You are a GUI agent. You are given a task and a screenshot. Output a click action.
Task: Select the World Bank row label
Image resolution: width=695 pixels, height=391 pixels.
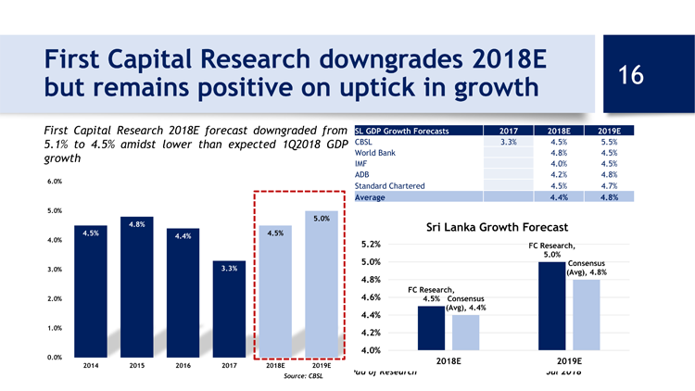click(376, 154)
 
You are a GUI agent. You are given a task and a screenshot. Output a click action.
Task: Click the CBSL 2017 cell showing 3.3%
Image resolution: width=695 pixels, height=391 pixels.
click(508, 143)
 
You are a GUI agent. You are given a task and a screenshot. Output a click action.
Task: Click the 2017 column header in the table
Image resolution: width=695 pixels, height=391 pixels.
click(510, 131)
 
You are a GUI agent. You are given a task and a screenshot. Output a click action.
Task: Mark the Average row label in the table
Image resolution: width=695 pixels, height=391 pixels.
click(373, 196)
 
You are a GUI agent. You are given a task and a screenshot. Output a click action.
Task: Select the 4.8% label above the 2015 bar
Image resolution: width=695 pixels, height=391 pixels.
click(136, 225)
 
